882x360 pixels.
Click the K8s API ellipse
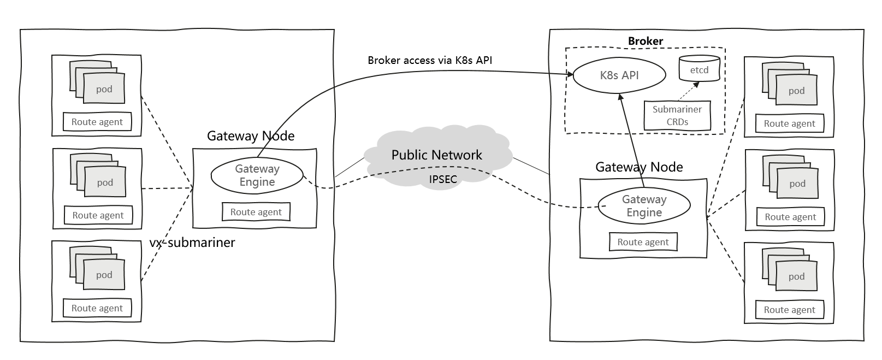pos(619,75)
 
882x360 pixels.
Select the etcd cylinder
pos(699,69)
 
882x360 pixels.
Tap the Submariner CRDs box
pos(677,115)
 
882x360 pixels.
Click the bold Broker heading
pos(646,41)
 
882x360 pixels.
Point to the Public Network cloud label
pos(436,155)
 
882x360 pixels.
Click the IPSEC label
pos(443,179)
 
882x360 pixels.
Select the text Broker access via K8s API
pos(430,60)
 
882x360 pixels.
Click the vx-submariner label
pos(192,243)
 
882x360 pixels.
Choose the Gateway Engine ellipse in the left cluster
pos(257,176)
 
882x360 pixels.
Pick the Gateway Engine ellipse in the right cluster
pos(644,206)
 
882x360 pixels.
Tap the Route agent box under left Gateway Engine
pos(256,212)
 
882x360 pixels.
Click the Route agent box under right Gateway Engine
pos(643,242)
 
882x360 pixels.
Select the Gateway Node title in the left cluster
pos(251,136)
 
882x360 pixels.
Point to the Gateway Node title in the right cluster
pos(639,167)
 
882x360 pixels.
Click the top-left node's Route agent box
pos(97,122)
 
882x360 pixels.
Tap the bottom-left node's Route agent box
pos(97,308)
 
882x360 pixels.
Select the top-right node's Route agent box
pos(790,123)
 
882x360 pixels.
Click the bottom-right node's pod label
pos(797,276)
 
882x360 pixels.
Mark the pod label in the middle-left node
pos(105,182)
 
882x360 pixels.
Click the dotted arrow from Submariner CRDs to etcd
pos(689,91)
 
